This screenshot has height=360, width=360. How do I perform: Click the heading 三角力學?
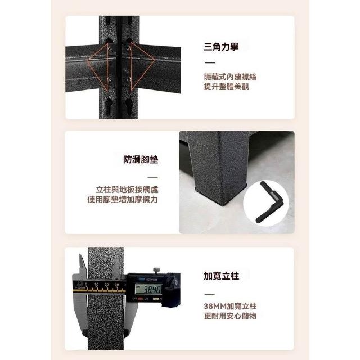[x=221, y=47]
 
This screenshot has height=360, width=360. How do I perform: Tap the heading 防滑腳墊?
[x=141, y=160]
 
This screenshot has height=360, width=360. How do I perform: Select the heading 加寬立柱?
[x=222, y=276]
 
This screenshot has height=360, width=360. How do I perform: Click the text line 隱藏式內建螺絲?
[x=230, y=77]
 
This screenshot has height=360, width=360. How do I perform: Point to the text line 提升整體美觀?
[x=226, y=87]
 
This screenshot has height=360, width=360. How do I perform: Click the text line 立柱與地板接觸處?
[x=127, y=190]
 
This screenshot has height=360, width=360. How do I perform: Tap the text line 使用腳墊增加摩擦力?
[x=123, y=200]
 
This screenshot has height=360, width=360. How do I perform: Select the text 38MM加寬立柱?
[x=230, y=306]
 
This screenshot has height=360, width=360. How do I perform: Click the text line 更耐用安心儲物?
[x=230, y=316]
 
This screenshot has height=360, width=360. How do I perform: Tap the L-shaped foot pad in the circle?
[x=270, y=202]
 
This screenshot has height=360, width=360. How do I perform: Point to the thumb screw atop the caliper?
[x=156, y=271]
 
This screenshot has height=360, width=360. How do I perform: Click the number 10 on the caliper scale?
[x=96, y=284]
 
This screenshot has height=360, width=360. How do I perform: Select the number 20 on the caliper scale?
[x=106, y=284]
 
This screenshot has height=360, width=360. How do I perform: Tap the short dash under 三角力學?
[x=210, y=62]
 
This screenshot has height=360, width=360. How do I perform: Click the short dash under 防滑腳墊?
[x=152, y=178]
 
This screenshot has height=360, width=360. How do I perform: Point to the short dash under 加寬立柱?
[x=209, y=294]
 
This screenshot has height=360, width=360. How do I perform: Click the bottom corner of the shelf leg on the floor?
[x=222, y=205]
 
